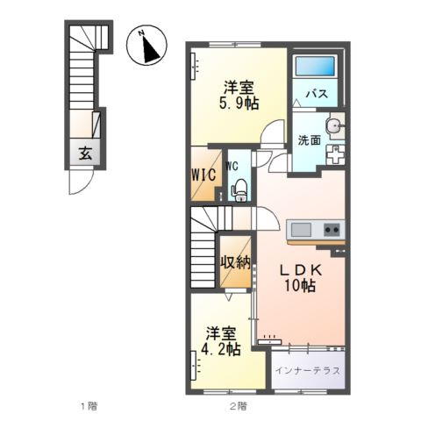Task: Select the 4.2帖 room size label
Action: [221, 349]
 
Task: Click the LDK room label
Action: [300, 270]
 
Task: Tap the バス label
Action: [316, 93]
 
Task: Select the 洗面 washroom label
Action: [307, 139]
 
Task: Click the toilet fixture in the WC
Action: [238, 188]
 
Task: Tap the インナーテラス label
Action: [307, 369]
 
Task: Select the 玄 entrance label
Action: [87, 153]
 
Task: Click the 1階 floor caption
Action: [87, 406]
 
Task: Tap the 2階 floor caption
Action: [238, 406]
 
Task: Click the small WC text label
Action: [233, 165]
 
